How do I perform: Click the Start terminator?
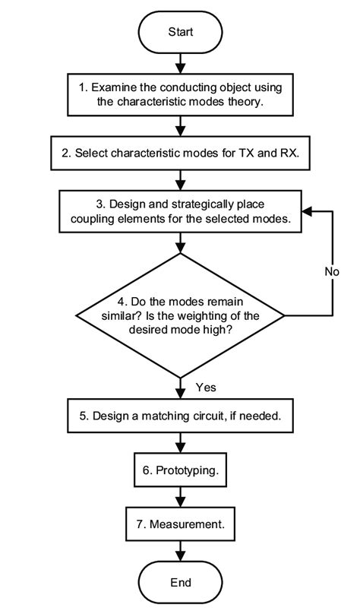180,33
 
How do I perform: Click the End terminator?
180,582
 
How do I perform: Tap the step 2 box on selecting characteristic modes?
180,152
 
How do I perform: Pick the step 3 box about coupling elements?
180,211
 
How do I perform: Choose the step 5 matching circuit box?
180,416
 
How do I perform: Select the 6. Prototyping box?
180,470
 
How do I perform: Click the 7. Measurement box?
180,524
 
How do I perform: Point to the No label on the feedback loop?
331,271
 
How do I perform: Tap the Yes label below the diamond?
206,388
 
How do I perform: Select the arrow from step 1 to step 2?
180,124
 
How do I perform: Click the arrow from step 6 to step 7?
180,498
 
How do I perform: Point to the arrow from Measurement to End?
180,552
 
